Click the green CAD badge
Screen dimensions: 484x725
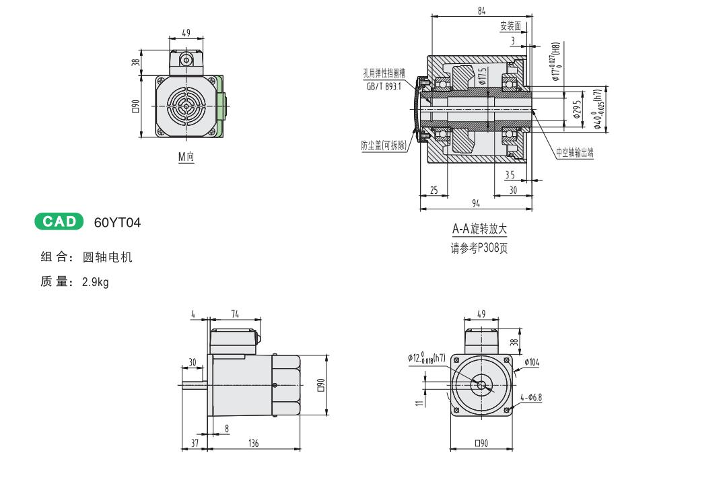pos(59,221)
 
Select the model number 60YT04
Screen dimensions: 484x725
pos(118,222)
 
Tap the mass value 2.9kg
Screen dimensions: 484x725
pos(95,282)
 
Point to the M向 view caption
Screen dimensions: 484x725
pos(186,157)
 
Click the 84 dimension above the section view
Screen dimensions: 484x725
pos(481,11)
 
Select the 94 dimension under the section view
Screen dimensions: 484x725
pos(477,203)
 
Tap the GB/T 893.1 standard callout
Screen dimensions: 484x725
pos(384,87)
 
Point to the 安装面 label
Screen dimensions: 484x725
pos(510,26)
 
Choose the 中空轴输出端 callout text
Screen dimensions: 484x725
pos(575,153)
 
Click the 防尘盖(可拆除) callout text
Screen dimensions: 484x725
pos(384,145)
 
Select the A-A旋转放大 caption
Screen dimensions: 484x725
pos(479,230)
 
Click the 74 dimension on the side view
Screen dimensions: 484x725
pos(235,314)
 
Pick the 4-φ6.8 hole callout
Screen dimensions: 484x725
pos(531,397)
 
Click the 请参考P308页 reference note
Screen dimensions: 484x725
pos(479,248)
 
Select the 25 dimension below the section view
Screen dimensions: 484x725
pos(434,191)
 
